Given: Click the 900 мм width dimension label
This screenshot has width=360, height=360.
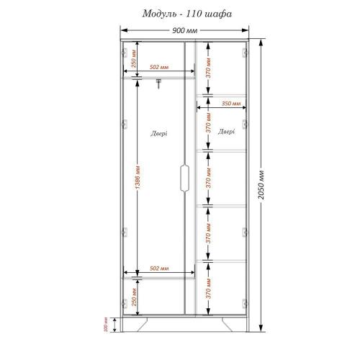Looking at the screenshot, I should tap(185, 31).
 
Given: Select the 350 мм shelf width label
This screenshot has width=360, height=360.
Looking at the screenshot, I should tap(231, 104).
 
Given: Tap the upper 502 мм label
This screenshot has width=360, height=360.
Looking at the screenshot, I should tap(159, 68).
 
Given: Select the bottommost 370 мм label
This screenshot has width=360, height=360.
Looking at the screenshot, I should tap(207, 289).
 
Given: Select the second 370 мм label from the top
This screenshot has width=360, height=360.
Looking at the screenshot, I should tap(207, 130).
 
